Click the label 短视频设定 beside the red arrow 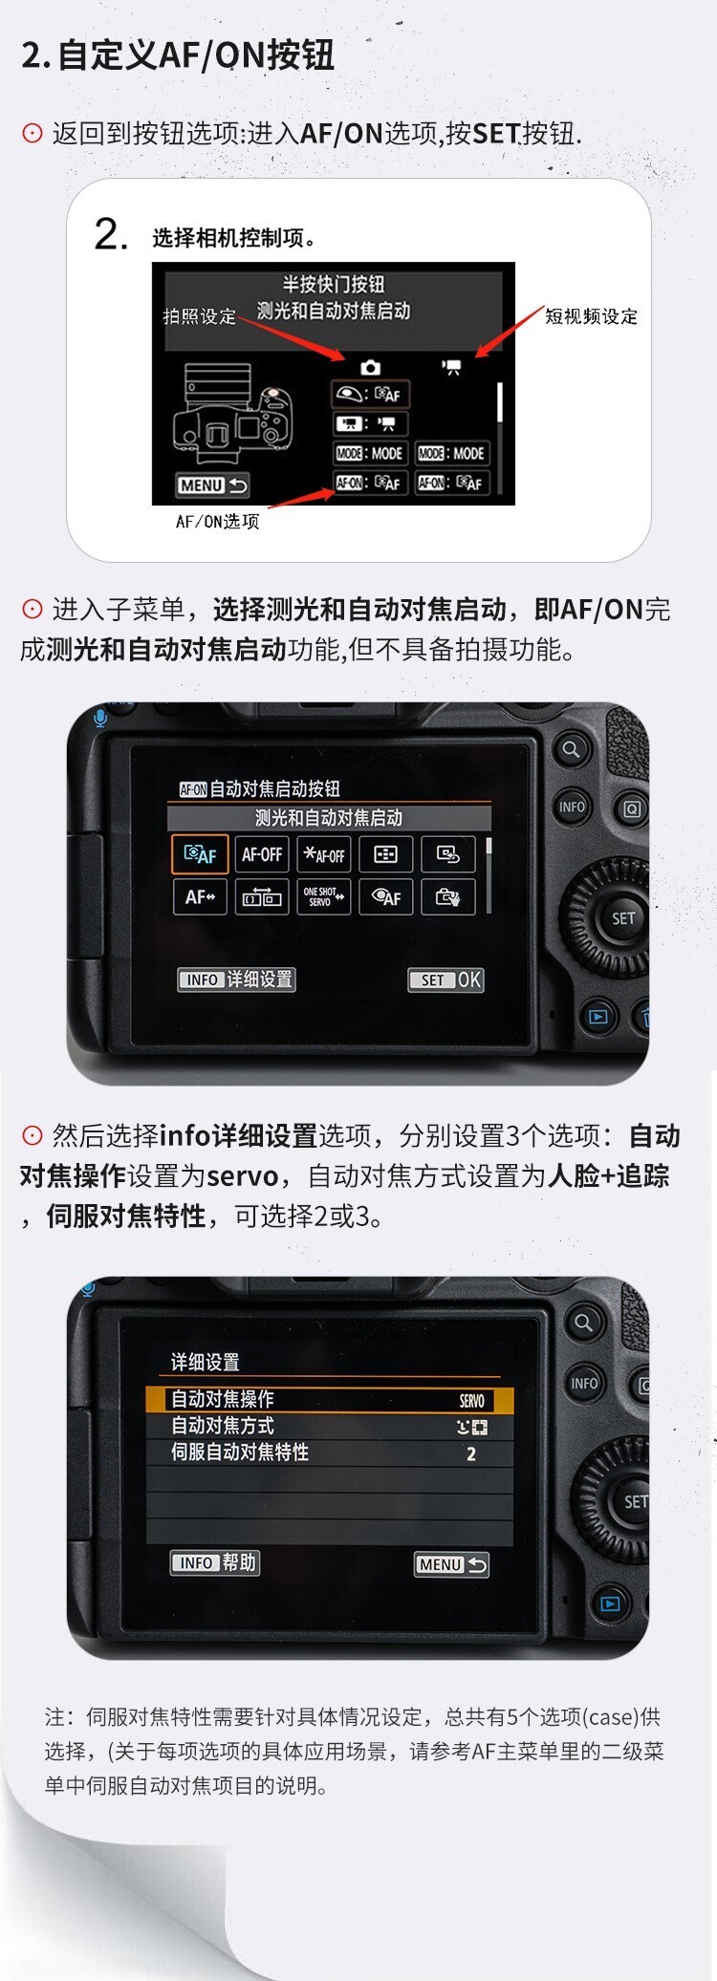(591, 316)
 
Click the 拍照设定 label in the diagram (199, 316)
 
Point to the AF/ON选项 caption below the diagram (217, 522)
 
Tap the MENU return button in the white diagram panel (212, 485)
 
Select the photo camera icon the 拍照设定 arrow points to (370, 368)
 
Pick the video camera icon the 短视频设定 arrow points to (451, 367)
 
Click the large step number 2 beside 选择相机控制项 (111, 234)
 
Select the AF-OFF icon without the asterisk (262, 854)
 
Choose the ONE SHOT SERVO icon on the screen (324, 896)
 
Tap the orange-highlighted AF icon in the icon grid (200, 854)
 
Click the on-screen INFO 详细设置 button (236, 980)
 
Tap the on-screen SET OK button (445, 980)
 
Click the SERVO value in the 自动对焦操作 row (472, 1401)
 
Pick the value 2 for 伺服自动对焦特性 (471, 1453)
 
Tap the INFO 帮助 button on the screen (214, 1562)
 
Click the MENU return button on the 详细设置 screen (451, 1564)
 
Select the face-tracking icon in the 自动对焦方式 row (472, 1428)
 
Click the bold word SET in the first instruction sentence (497, 134)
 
